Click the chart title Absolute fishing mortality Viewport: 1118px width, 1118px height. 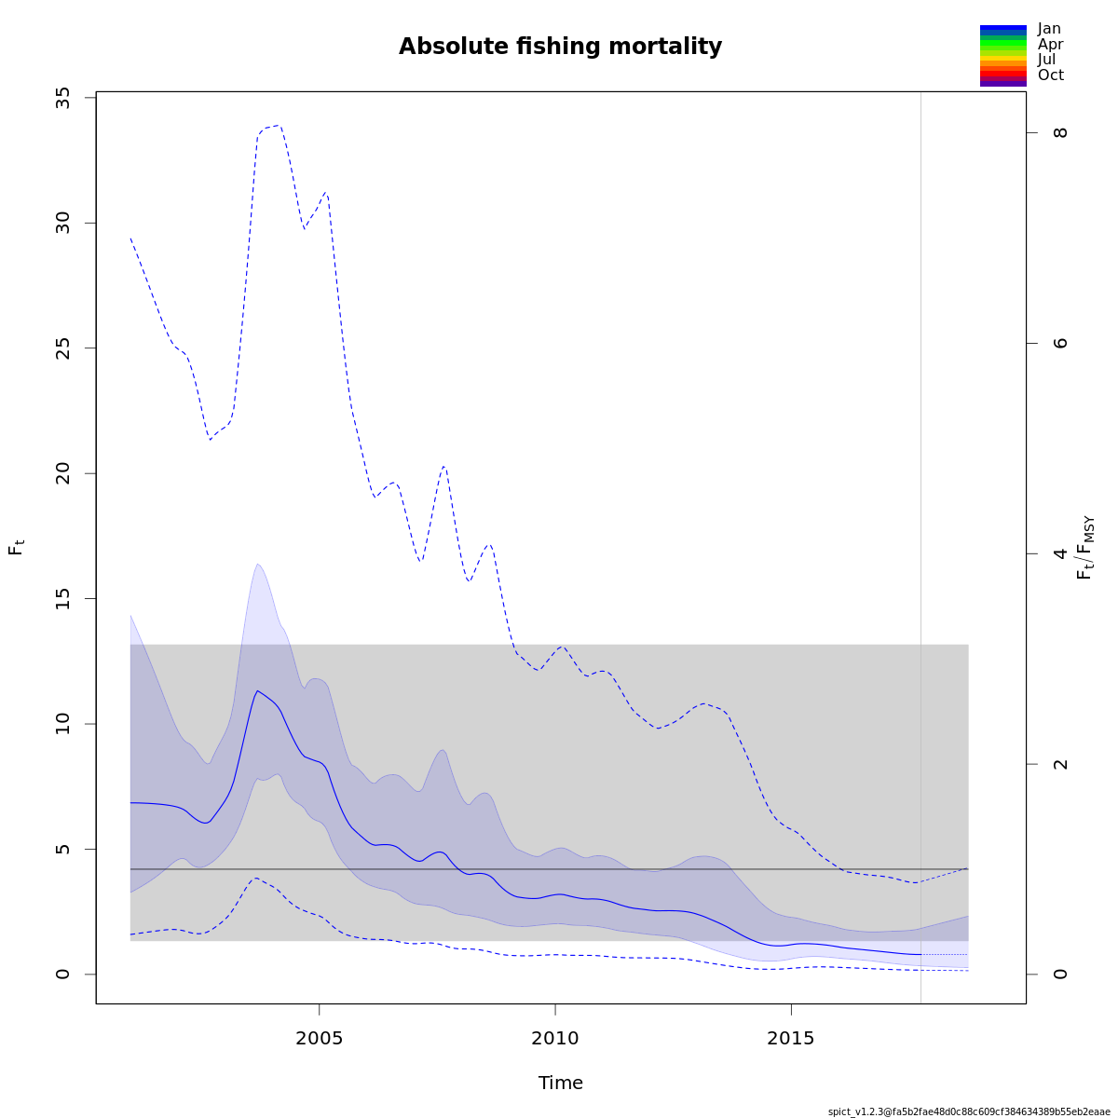pos(560,47)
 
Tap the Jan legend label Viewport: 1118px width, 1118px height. pos(1049,29)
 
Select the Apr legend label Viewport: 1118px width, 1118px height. pos(1050,44)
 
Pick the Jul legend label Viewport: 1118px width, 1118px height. pos(1047,60)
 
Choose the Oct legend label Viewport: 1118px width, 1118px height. pos(1050,75)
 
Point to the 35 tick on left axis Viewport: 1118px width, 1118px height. pos(63,98)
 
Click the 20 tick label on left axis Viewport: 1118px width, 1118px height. pos(63,473)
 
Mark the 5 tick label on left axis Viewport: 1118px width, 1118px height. pos(63,849)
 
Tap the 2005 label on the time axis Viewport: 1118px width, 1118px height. pos(320,1038)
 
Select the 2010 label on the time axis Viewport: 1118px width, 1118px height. pos(555,1038)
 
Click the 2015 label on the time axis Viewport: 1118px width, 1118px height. pos(791,1038)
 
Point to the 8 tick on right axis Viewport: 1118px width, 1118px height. pos(1060,132)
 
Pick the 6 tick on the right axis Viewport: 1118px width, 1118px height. pos(1060,343)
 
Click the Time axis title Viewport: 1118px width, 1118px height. pos(561,1083)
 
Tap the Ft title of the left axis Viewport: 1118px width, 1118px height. pos(16,547)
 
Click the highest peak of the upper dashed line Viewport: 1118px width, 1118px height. pos(278,125)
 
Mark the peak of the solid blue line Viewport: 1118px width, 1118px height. pos(257,690)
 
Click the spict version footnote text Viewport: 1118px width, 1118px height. pos(969,1111)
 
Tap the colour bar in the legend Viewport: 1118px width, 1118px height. pos(1002,56)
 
